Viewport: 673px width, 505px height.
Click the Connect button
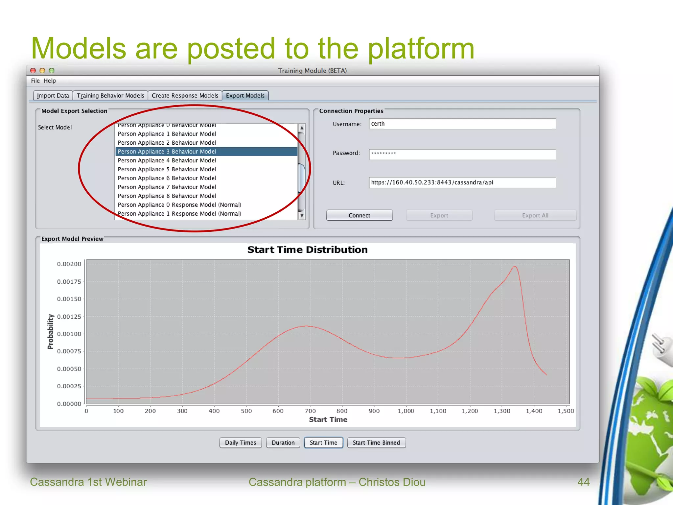click(x=359, y=215)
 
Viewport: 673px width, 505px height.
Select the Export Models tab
click(x=245, y=96)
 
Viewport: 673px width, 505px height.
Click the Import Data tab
click(x=53, y=96)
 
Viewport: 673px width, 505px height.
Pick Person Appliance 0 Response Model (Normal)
click(x=179, y=205)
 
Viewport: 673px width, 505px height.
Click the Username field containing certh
click(x=462, y=124)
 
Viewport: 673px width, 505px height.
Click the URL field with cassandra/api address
click(x=462, y=182)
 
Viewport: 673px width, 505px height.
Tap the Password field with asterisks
click(x=462, y=154)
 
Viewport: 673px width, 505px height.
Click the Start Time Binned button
click(x=376, y=443)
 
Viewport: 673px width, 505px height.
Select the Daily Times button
click(x=240, y=443)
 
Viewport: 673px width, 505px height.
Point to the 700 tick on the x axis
click(x=310, y=411)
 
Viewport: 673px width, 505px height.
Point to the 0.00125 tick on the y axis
click(x=69, y=317)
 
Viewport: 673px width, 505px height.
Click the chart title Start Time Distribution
click(x=307, y=250)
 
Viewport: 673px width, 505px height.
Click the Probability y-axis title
click(x=50, y=331)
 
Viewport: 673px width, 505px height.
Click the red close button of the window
click(x=33, y=71)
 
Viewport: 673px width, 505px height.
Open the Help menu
click(x=50, y=81)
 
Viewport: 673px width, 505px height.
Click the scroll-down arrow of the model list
click(x=302, y=216)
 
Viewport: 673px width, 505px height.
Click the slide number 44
click(x=583, y=482)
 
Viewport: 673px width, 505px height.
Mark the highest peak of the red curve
click(x=515, y=266)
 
